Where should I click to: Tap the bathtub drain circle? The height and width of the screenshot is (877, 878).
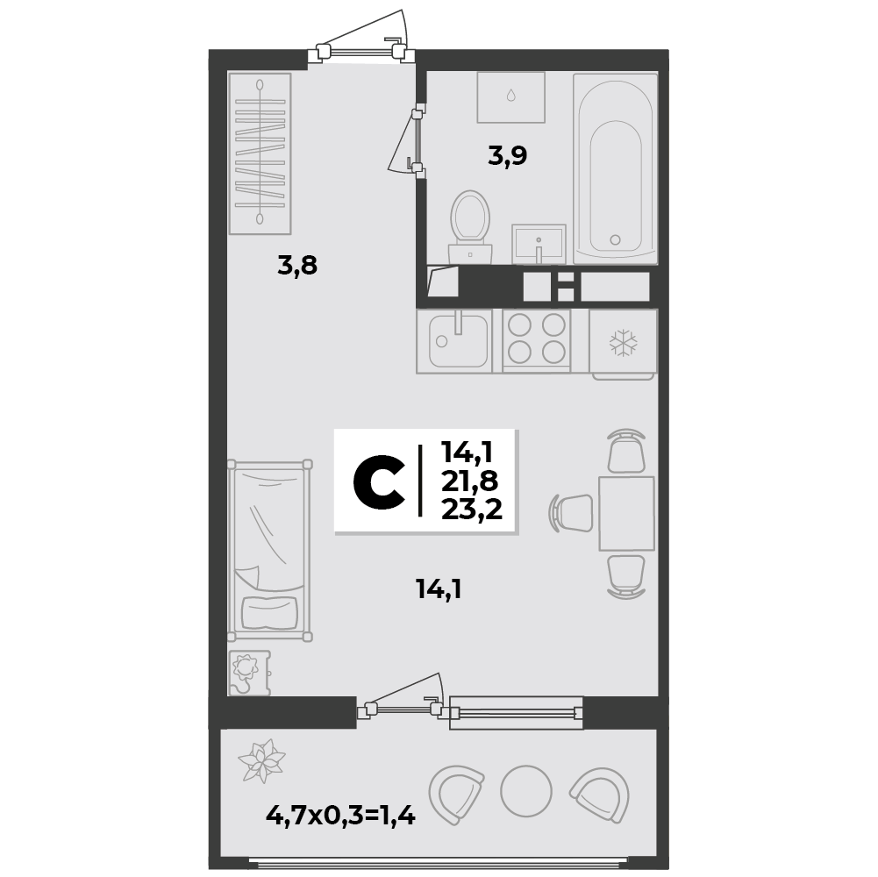pyautogui.click(x=615, y=239)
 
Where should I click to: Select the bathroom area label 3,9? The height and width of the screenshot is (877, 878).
pyautogui.click(x=507, y=156)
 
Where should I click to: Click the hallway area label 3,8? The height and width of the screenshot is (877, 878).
pyautogui.click(x=297, y=265)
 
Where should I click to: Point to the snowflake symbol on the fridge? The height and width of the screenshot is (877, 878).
pyautogui.click(x=624, y=343)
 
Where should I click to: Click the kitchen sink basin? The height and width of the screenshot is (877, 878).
pyautogui.click(x=458, y=340)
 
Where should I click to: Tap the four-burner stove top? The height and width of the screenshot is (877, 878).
pyautogui.click(x=537, y=340)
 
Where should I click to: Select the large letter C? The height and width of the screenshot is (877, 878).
pyautogui.click(x=379, y=481)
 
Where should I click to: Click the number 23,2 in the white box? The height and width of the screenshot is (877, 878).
pyautogui.click(x=472, y=510)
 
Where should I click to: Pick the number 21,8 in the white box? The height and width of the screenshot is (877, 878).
pyautogui.click(x=470, y=481)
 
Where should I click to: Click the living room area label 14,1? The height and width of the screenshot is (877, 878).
pyautogui.click(x=439, y=589)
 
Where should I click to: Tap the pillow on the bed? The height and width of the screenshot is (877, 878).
pyautogui.click(x=269, y=612)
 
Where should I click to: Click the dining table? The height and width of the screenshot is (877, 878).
pyautogui.click(x=626, y=514)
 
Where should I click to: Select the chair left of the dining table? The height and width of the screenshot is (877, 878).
pyautogui.click(x=572, y=512)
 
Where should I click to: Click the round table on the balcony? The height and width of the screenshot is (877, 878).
pyautogui.click(x=525, y=791)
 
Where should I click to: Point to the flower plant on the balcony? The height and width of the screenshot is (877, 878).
pyautogui.click(x=261, y=759)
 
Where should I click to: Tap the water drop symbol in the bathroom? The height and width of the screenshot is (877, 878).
pyautogui.click(x=510, y=96)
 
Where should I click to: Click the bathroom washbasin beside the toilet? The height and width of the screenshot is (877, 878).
pyautogui.click(x=539, y=244)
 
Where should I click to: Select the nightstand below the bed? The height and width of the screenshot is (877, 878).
pyautogui.click(x=249, y=673)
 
